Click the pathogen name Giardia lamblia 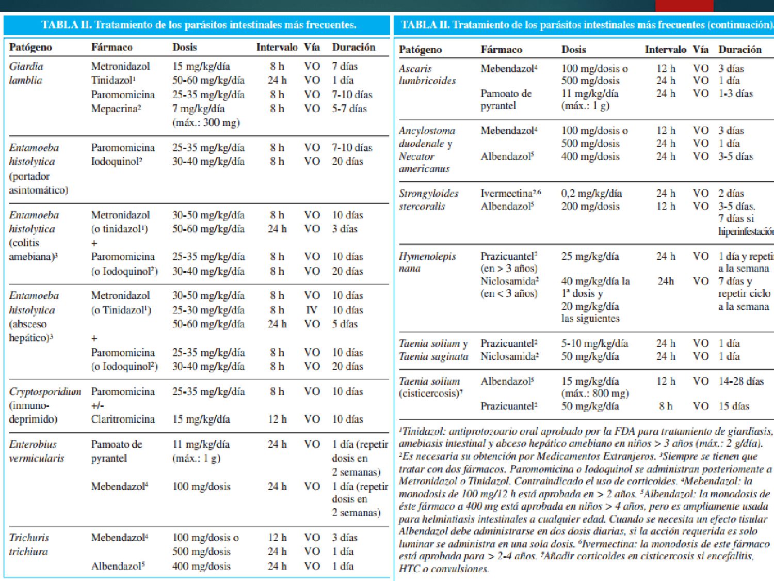(26, 73)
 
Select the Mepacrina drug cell (116, 108)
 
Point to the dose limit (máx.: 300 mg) (206, 122)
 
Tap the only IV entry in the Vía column (312, 310)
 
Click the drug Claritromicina (123, 419)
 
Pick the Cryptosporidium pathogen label (45, 391)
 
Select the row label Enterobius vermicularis (36, 451)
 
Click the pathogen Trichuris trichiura (29, 544)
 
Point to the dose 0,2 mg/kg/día (591, 193)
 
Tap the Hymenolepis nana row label (427, 262)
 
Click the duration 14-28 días (740, 381)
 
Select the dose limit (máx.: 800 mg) (595, 393)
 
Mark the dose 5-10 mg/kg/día (594, 343)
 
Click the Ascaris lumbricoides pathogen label (427, 74)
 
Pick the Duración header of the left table (353, 47)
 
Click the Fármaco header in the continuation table (501, 50)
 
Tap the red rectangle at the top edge (684, 6)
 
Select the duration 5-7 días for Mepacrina (349, 108)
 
